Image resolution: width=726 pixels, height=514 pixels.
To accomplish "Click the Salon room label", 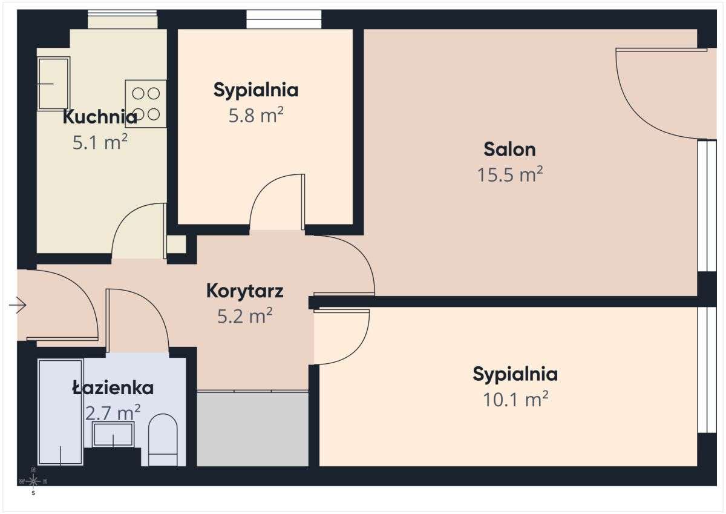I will pos(509,149).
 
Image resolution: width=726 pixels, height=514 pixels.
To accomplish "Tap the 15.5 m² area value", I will pos(509,175).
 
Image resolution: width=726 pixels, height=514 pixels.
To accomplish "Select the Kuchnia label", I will pos(100,116).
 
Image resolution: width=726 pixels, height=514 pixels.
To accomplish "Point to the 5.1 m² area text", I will pos(100,143).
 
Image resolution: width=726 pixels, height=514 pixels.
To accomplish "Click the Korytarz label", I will pos(244,291).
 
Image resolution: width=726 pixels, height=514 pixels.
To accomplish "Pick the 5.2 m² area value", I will pos(244,315).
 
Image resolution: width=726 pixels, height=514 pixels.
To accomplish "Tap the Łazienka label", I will pos(113,387).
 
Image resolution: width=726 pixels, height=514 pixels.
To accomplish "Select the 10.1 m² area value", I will pos(515,399).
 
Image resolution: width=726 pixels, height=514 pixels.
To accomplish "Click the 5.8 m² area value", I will pos(256,116).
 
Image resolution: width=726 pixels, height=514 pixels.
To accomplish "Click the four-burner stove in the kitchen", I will pos(146,104).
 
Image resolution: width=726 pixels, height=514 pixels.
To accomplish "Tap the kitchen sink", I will pos(53,84).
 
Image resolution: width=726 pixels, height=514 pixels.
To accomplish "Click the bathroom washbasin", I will pos(113,435).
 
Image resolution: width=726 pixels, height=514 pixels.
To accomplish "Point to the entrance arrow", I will pos(18,306).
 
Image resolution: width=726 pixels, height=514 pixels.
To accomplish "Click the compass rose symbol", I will pos(33,481).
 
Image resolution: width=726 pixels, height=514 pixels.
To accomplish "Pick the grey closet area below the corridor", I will pos(253,429).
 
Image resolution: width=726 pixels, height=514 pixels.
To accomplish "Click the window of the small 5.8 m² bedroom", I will pos(283,19).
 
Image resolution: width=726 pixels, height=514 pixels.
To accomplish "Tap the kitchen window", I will pos(123,20).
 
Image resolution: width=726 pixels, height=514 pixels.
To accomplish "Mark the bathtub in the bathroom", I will pos(60,412).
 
